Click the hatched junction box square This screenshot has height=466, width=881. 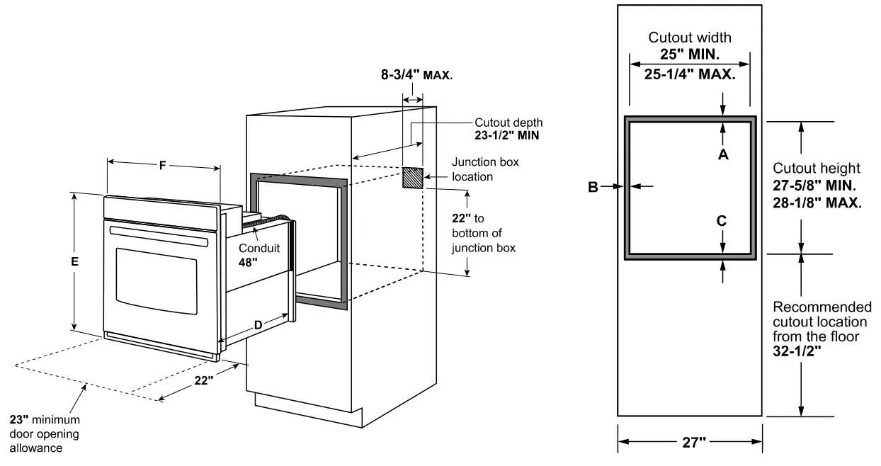pos(413,178)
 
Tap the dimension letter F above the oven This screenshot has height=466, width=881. pos(162,166)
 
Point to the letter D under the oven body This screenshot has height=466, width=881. pos(258,324)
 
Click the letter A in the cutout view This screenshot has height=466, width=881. pos(723,155)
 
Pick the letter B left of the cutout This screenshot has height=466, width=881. pos(593,186)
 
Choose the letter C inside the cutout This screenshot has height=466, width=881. pos(722,220)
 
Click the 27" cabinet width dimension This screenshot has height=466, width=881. pos(690,443)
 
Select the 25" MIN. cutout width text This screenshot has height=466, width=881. pos(690,55)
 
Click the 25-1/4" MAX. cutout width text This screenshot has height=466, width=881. pos(690,73)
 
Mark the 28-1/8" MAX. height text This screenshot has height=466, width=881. pos(817,202)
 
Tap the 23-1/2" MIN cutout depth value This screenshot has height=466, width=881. pos(507,135)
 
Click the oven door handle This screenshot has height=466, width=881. pos(159,237)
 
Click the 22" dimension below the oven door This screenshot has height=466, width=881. pos(204,380)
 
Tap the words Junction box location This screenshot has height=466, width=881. pos(485,169)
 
